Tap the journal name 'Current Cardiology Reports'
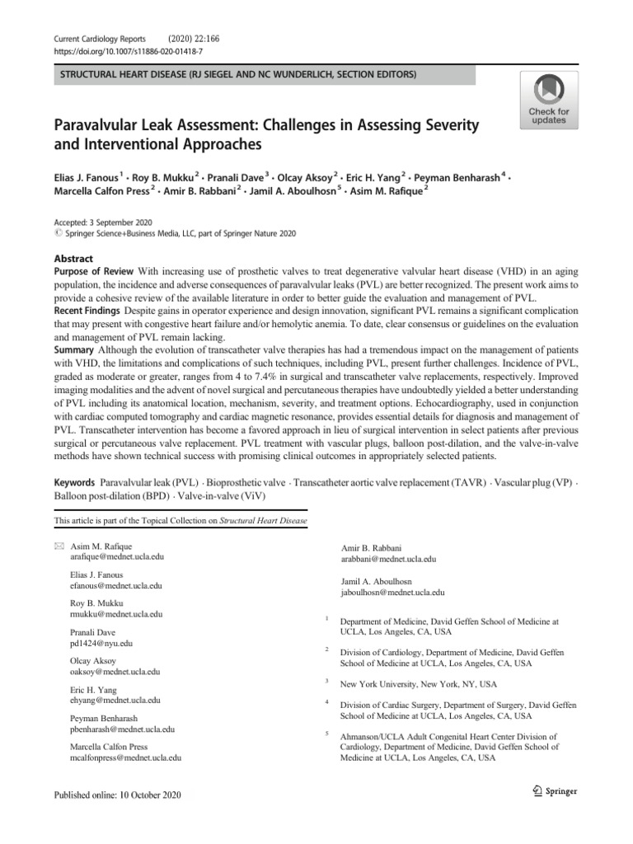click(99, 39)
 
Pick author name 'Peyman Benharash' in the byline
click(456, 176)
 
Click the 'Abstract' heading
click(73, 258)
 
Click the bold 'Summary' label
click(75, 349)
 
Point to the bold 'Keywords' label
click(75, 481)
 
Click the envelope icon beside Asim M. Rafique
click(58, 546)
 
